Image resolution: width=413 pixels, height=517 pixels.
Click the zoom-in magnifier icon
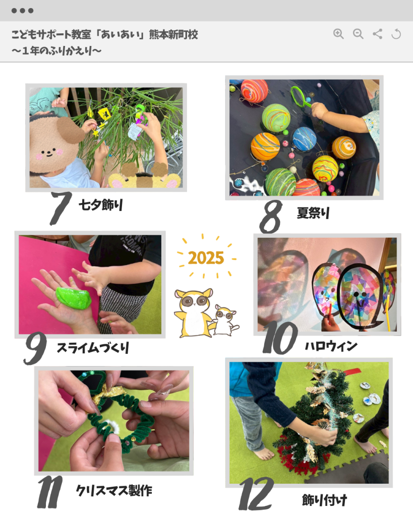coord(338,34)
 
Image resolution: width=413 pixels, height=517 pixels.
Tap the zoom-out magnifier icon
coord(358,34)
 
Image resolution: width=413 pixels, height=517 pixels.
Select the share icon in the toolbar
coord(377,34)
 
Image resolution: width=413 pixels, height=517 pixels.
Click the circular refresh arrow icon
coord(396,34)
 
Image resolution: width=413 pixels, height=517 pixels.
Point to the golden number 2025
coord(206,258)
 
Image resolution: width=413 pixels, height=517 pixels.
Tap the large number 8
coord(271,217)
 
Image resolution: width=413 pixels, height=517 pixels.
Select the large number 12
coord(256,494)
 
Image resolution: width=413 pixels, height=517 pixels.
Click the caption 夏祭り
coord(313,213)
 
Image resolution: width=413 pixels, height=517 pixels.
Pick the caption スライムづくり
coord(93,348)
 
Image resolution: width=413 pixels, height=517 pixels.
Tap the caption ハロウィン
coord(331,346)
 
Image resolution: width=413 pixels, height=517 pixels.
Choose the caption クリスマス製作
coord(114,491)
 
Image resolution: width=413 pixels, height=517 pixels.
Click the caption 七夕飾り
coord(101,205)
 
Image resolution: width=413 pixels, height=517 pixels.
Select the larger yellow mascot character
coord(193,313)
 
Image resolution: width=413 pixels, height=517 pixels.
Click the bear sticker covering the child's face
coord(54,143)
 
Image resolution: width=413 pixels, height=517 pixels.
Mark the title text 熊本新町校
coord(173,34)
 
